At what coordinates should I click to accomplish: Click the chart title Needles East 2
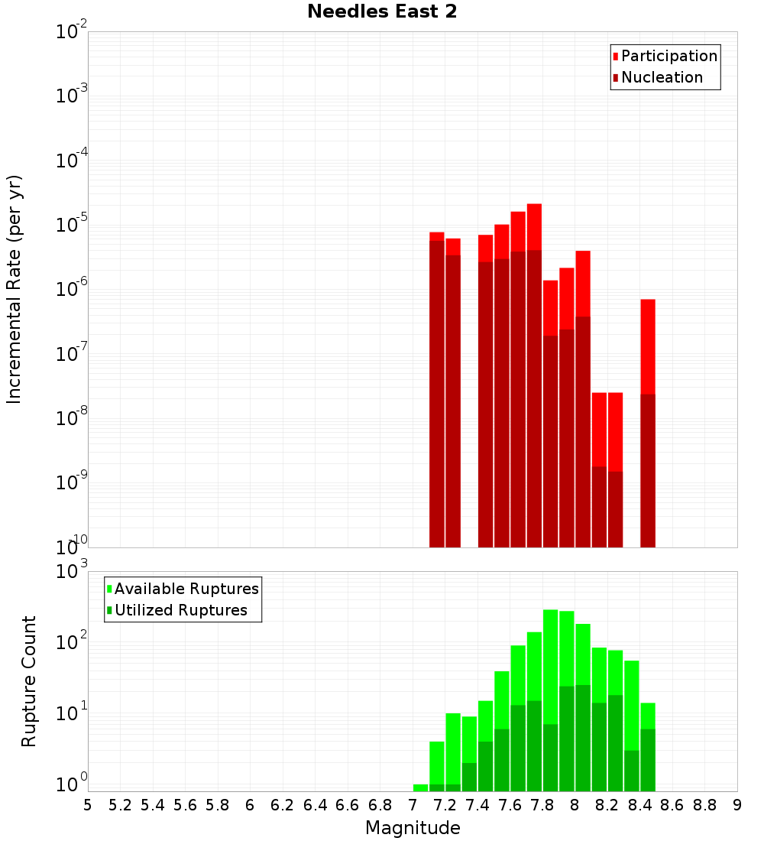coord(382,12)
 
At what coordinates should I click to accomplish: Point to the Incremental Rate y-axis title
coord(15,289)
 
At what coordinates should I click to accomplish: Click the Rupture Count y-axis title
coord(29,680)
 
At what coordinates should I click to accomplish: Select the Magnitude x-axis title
coord(413,828)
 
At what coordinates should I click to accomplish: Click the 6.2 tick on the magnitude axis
coord(283,805)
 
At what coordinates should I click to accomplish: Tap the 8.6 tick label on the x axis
coord(672,805)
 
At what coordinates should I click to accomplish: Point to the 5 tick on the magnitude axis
coord(88,805)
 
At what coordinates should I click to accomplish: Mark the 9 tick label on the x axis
coord(737,805)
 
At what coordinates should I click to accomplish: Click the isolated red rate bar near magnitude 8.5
coord(648,420)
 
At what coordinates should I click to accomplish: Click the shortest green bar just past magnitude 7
coord(420,787)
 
